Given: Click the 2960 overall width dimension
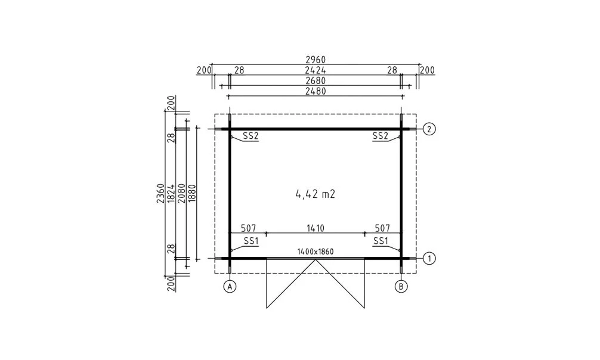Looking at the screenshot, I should tap(316, 61).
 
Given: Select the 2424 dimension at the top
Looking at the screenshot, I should tap(316, 70).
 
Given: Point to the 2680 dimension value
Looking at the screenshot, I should tap(316, 80).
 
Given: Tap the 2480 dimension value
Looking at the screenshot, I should tap(316, 91).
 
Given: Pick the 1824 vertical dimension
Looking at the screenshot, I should tap(171, 194).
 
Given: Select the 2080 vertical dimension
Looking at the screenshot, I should tap(181, 194).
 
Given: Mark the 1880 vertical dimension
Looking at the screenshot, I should tap(191, 194).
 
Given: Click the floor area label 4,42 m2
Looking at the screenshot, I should tap(317, 194).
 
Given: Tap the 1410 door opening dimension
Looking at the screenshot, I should tap(316, 228).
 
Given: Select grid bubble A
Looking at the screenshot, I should tap(230, 287).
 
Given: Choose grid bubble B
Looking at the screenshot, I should tap(401, 287).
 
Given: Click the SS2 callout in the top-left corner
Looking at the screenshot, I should tap(250, 136).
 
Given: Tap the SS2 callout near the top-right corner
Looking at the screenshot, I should tap(381, 136).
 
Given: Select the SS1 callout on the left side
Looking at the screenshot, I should tap(250, 241).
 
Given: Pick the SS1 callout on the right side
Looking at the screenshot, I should tap(381, 241).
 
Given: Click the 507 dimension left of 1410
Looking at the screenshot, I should tap(248, 228).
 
